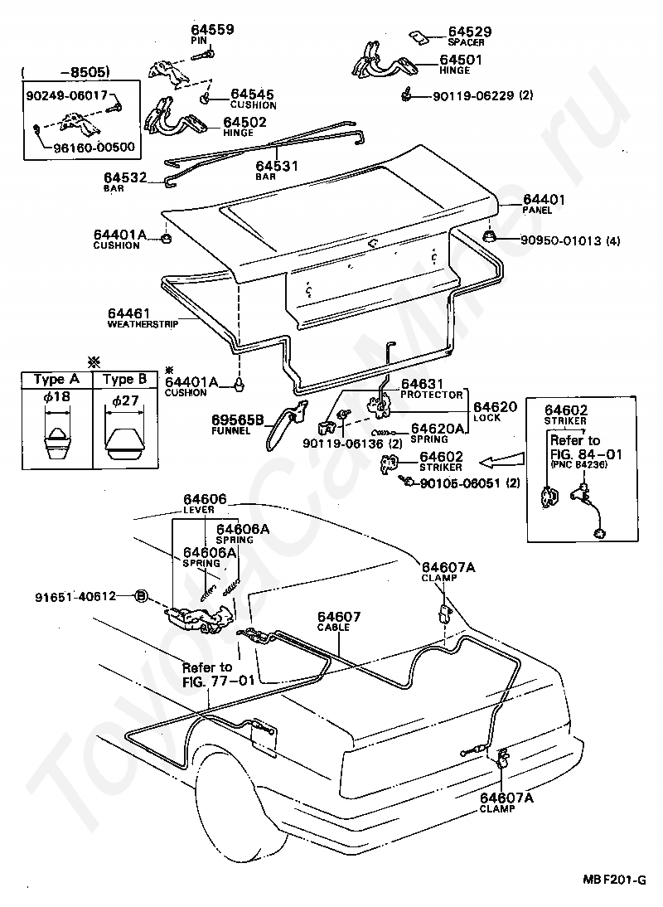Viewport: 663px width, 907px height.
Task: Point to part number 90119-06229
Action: (x=472, y=95)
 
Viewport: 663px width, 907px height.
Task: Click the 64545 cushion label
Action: (x=253, y=95)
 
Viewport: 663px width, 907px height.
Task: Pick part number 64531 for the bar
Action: (x=278, y=166)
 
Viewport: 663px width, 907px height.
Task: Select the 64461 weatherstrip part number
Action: (x=129, y=313)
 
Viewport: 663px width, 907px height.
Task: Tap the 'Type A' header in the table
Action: (x=56, y=379)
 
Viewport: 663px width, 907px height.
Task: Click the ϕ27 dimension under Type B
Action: (x=124, y=401)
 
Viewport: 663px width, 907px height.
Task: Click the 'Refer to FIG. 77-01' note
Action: (x=208, y=674)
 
